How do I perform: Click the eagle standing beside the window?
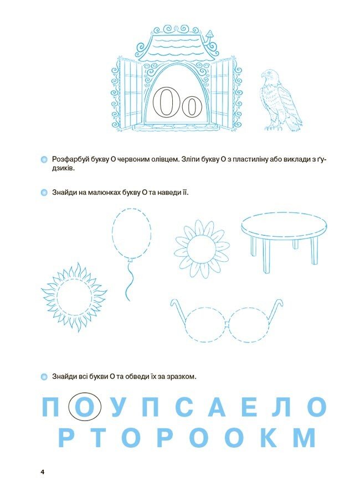(x=281, y=100)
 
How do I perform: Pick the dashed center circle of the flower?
(x=202, y=248)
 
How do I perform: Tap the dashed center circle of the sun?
(x=74, y=297)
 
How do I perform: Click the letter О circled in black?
(x=85, y=407)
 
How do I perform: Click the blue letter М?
(x=304, y=437)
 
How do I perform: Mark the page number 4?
(x=42, y=472)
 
